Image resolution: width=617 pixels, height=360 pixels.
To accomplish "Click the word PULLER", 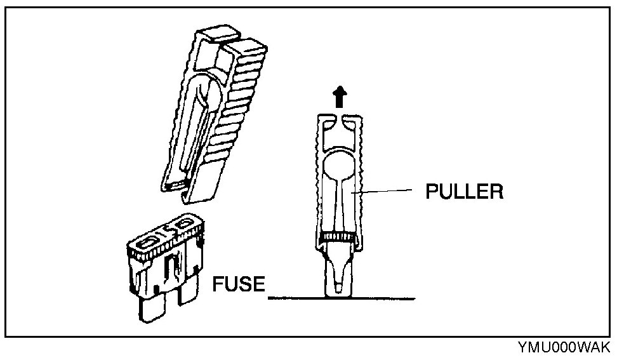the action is pos(464,191).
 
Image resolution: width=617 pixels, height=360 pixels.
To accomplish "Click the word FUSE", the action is pos(239,283).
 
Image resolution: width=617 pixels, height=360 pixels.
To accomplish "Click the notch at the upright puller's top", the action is pos(340,119).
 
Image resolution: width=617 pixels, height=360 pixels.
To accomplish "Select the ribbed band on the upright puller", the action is pos(340,238).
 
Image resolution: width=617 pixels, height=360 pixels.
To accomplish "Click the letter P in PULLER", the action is pos(431,191).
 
